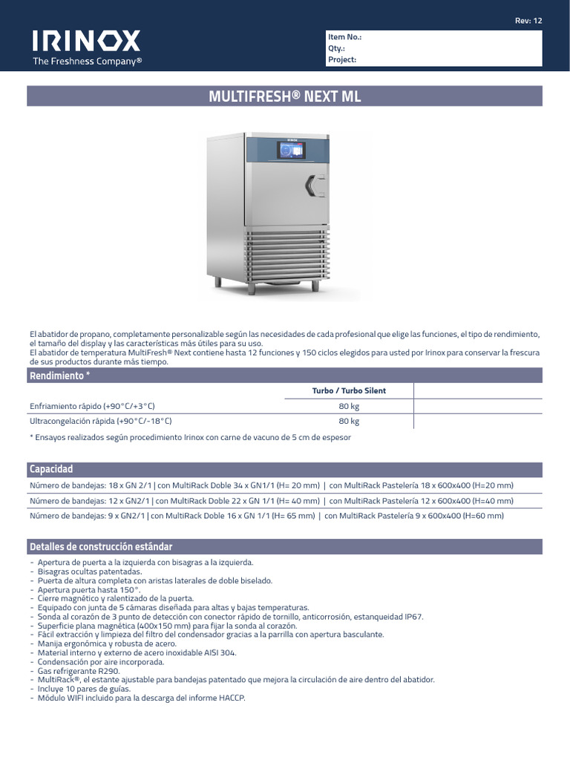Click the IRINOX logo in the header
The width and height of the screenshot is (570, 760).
click(x=85, y=40)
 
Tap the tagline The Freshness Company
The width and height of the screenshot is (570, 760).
click(x=87, y=62)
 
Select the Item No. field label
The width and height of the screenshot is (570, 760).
click(x=344, y=36)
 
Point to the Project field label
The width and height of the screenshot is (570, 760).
click(x=342, y=60)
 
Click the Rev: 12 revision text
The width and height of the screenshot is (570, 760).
click(x=528, y=20)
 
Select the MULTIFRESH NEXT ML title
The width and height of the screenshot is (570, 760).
click(x=285, y=96)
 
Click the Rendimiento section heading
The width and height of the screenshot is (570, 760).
click(x=59, y=376)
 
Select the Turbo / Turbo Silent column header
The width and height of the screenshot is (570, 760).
click(x=349, y=390)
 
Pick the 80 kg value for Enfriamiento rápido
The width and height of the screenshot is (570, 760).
click(x=349, y=406)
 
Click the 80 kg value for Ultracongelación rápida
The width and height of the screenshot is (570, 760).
click(x=349, y=421)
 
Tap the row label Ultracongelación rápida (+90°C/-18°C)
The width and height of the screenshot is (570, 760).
click(x=101, y=421)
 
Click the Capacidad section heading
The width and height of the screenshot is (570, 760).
click(x=51, y=470)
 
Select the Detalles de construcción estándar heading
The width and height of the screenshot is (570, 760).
click(x=101, y=547)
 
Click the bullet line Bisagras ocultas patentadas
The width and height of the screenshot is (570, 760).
click(x=89, y=572)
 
